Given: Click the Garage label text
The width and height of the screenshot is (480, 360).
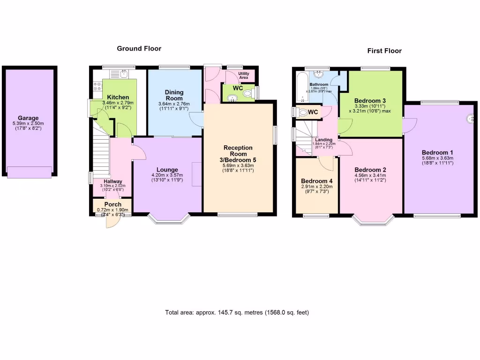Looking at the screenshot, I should (x=28, y=118).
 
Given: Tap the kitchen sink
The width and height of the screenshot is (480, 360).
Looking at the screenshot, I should (x=123, y=74).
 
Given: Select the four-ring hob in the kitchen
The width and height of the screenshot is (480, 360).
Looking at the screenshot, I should (x=98, y=86).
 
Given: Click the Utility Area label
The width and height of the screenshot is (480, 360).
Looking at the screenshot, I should (x=244, y=75).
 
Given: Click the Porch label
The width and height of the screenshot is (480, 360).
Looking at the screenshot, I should (x=112, y=204).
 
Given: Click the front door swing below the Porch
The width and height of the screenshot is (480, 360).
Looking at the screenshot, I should (x=112, y=221).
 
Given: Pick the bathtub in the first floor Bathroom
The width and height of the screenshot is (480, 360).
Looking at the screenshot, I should (x=300, y=87).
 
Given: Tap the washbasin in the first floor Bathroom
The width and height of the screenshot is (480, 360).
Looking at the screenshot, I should (x=320, y=74).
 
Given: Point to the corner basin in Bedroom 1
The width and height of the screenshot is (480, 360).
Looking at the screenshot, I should (x=470, y=119).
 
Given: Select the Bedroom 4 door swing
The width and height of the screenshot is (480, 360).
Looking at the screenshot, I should (x=326, y=162).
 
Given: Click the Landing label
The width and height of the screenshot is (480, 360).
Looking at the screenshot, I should (x=324, y=140).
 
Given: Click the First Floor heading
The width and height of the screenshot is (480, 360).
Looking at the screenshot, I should (x=384, y=51).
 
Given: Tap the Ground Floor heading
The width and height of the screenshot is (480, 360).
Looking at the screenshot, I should (x=139, y=48).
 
